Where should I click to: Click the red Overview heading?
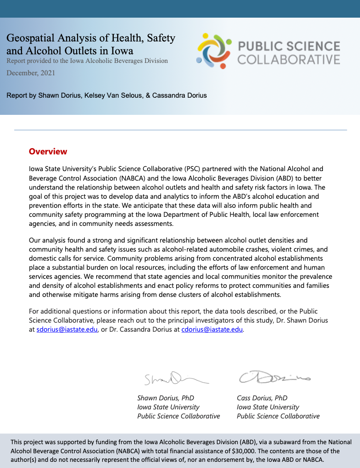pos(48,152)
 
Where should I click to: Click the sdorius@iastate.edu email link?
pos(67,329)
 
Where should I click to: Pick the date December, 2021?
pos(30,73)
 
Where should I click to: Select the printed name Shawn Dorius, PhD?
pos(165,398)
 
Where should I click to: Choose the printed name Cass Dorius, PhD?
pos(262,398)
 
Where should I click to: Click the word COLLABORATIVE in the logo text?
pos(289,60)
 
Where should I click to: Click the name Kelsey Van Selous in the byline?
pos(116,95)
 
